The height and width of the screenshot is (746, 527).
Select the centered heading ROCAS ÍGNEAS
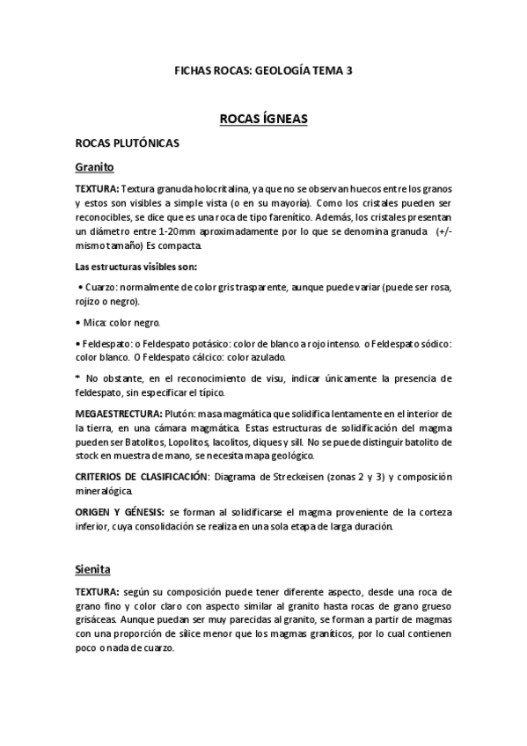pyautogui.click(x=263, y=118)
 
